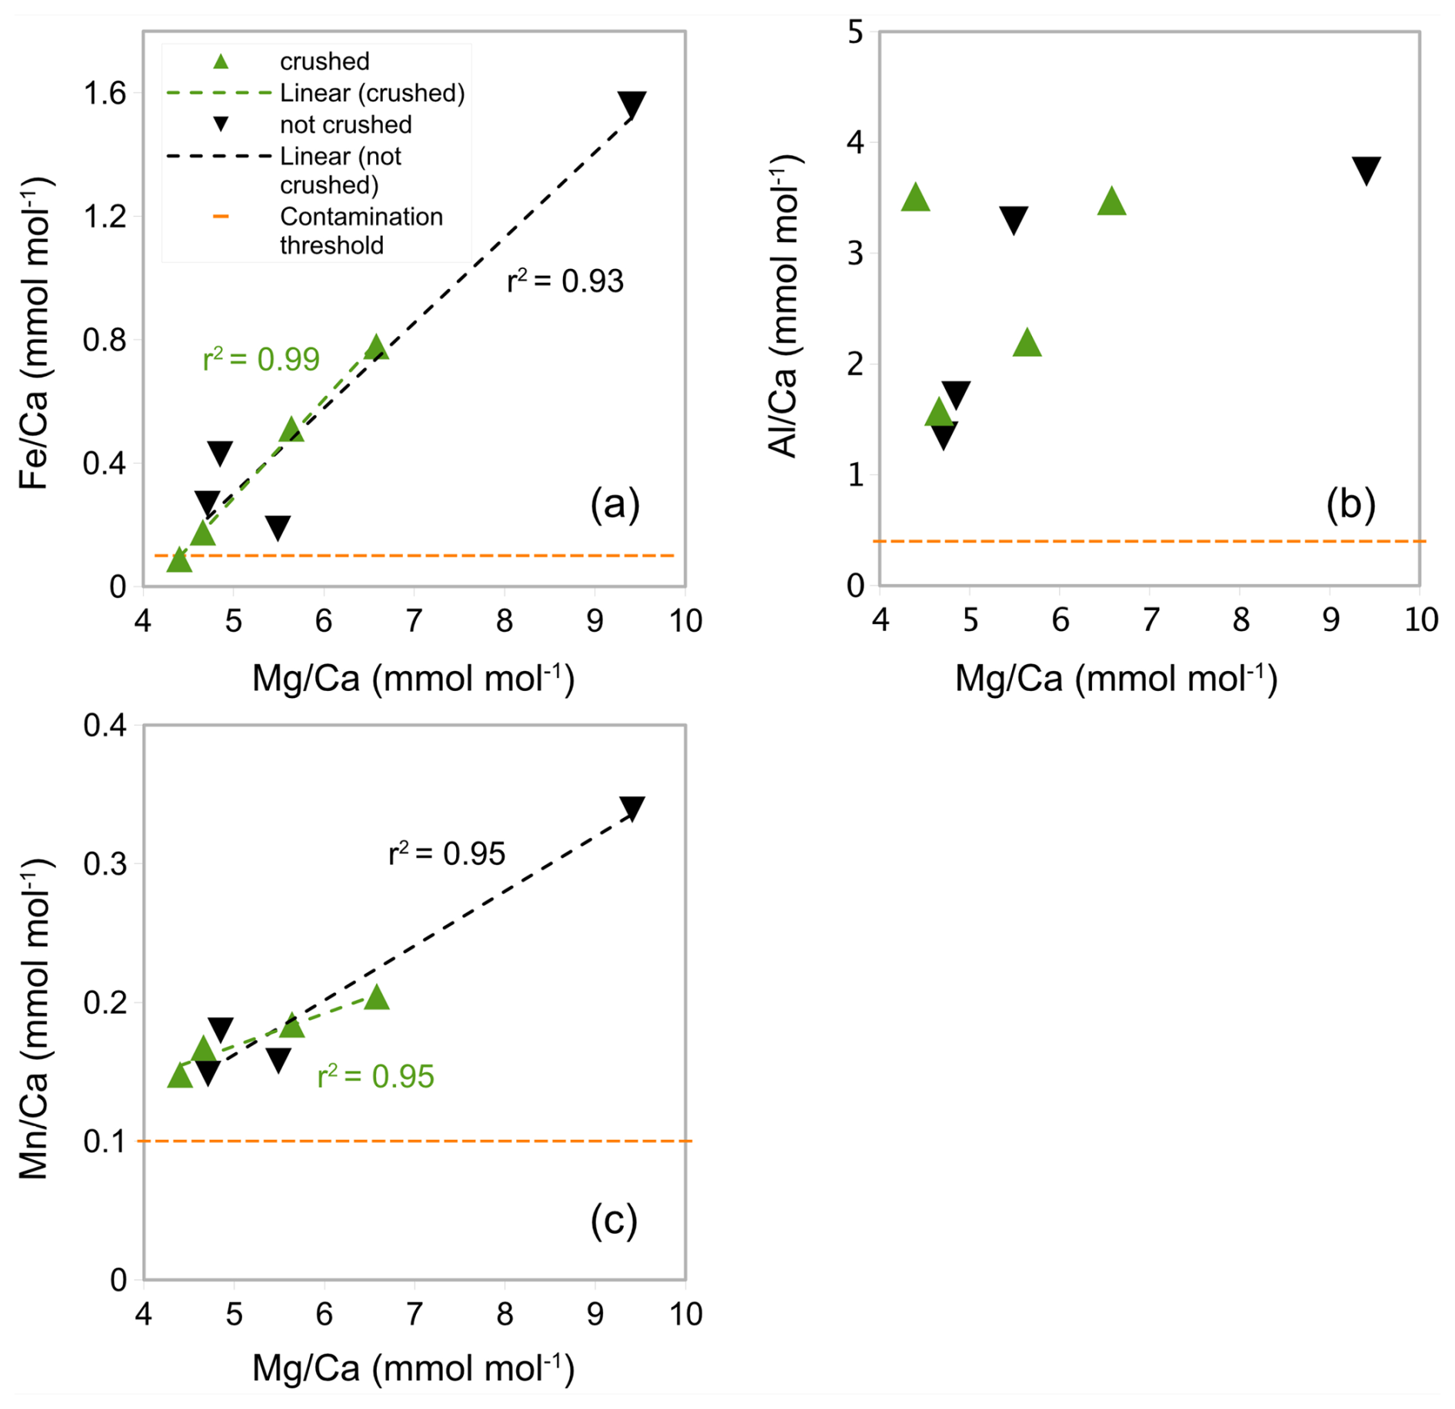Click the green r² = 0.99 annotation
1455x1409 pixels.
pyautogui.click(x=261, y=359)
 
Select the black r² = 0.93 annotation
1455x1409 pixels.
pyautogui.click(x=565, y=281)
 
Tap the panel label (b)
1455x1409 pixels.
pyautogui.click(x=1350, y=504)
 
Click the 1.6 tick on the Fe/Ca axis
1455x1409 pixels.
pyautogui.click(x=105, y=94)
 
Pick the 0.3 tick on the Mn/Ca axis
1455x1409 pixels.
pyautogui.click(x=105, y=864)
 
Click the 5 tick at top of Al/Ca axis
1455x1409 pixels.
pyautogui.click(x=855, y=33)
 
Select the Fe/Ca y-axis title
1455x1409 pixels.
pyautogui.click(x=35, y=334)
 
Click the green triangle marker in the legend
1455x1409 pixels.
pyautogui.click(x=221, y=61)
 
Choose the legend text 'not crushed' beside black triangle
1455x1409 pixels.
pyautogui.click(x=345, y=125)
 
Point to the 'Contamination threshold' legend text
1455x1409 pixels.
pyautogui.click(x=361, y=231)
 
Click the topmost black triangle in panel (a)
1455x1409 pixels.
pyautogui.click(x=632, y=104)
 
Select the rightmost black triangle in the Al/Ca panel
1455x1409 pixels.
pyautogui.click(x=1367, y=170)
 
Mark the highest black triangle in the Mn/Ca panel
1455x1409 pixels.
pyautogui.click(x=632, y=807)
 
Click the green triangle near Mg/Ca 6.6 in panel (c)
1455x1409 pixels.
pyautogui.click(x=376, y=998)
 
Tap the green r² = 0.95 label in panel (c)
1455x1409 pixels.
pyautogui.click(x=375, y=1076)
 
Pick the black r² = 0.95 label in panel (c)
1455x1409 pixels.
pyautogui.click(x=447, y=854)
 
